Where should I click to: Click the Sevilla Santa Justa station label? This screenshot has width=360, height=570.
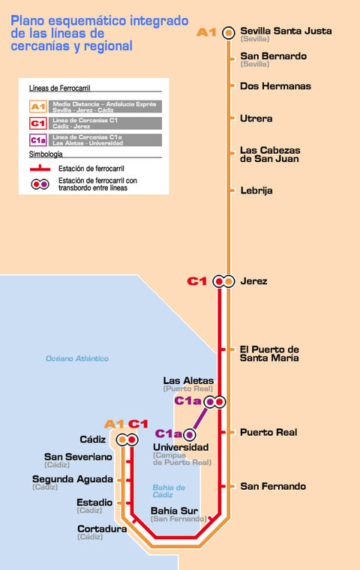[285, 31]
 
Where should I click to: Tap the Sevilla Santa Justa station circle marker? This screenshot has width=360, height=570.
[229, 32]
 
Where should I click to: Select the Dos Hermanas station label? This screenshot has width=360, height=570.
[275, 86]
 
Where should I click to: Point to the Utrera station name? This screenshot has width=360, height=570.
[256, 118]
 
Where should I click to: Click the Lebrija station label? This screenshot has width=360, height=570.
[256, 190]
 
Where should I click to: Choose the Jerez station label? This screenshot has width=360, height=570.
[253, 281]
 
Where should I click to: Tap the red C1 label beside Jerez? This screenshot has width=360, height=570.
[196, 281]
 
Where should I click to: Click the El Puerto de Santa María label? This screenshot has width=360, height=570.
[269, 353]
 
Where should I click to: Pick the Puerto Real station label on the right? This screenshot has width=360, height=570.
[268, 432]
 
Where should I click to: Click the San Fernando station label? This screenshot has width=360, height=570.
[273, 486]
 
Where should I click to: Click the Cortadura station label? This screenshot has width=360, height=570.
[102, 529]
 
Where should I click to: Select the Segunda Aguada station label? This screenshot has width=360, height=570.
[73, 479]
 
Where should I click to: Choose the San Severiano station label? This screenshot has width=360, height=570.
[78, 457]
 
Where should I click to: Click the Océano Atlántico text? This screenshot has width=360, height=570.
[77, 358]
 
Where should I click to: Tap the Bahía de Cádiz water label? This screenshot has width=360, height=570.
[169, 491]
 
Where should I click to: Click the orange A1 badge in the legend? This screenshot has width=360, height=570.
[38, 106]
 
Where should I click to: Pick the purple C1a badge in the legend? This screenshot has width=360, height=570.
[38, 139]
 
